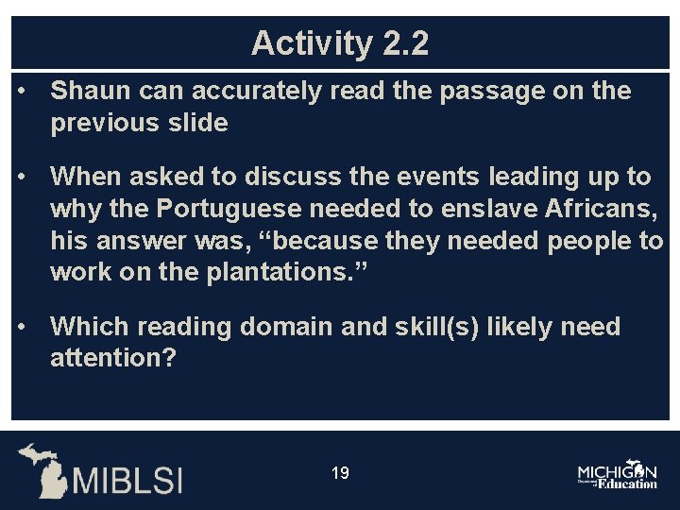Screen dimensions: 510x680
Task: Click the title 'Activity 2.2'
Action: (340, 43)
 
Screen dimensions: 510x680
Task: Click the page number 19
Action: (340, 472)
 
